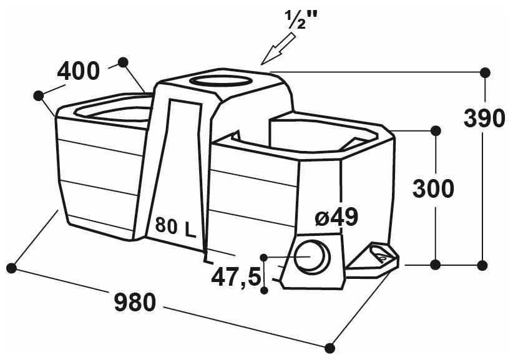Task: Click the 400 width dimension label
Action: (x=78, y=72)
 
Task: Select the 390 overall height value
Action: (x=484, y=118)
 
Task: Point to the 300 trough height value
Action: (x=433, y=188)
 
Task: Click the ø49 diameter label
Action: (x=336, y=217)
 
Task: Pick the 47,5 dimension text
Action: (x=236, y=277)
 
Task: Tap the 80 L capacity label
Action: (x=175, y=226)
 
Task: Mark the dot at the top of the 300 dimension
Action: (x=436, y=131)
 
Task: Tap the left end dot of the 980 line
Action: (x=11, y=269)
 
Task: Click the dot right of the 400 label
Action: (x=123, y=62)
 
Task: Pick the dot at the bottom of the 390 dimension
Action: (x=482, y=265)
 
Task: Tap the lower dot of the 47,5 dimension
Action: (x=265, y=290)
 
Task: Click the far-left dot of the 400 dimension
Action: (x=39, y=95)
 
